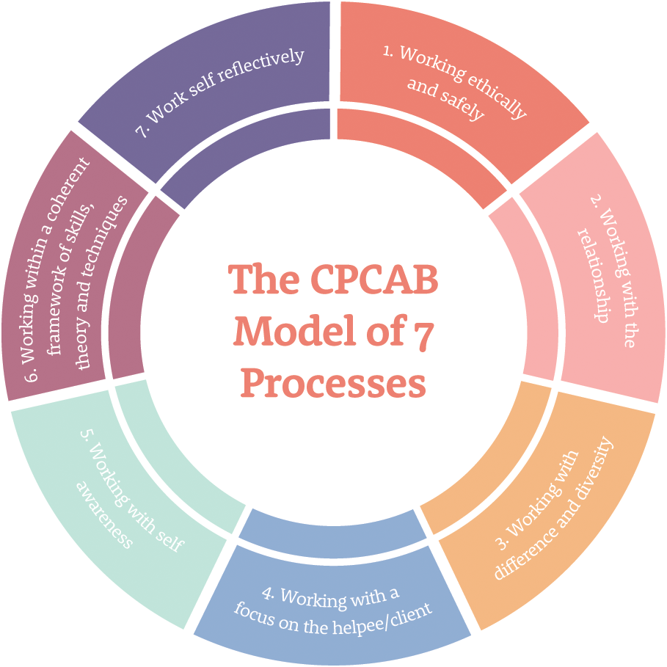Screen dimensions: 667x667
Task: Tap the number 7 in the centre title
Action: [424, 332]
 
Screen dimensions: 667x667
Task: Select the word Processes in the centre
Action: [333, 383]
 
